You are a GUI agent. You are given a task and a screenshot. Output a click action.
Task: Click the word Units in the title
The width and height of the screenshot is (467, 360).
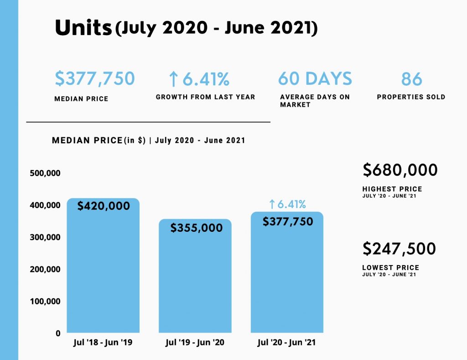coord(83,28)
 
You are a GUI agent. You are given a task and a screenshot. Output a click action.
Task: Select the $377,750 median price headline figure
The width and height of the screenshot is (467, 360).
coord(95,78)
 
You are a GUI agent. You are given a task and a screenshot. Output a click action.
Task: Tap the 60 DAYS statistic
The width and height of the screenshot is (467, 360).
coord(315,78)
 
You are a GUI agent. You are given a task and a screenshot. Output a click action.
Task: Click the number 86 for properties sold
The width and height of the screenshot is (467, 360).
coord(412,79)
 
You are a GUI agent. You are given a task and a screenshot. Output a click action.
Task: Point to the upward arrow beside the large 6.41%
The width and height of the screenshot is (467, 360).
coord(173,80)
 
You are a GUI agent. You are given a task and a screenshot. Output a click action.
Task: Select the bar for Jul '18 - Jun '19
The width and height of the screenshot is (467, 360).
coord(103,274)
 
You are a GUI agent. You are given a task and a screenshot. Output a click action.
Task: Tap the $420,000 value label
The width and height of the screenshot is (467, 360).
coord(104,206)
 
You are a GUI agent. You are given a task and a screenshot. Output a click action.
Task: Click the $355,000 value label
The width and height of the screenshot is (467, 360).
coord(197,228)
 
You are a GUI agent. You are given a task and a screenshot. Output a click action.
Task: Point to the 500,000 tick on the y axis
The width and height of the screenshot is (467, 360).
coord(45,173)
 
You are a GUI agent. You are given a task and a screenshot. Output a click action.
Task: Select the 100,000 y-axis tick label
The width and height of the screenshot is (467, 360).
coord(45,301)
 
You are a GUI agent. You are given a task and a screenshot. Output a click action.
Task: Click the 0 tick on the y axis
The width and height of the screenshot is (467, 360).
coord(58,334)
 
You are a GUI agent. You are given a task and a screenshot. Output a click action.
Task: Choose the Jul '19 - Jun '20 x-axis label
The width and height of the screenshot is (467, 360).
coord(195,343)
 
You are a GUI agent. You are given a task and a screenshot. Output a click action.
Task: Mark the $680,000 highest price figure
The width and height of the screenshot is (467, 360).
coord(400,170)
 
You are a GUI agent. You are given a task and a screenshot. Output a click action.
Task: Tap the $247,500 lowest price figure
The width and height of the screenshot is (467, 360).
coord(399,249)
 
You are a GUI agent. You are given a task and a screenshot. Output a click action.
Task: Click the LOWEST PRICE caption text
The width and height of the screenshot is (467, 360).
coord(390,268)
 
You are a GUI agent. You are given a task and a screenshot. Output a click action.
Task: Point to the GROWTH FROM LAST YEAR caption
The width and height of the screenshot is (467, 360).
coord(205,97)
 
